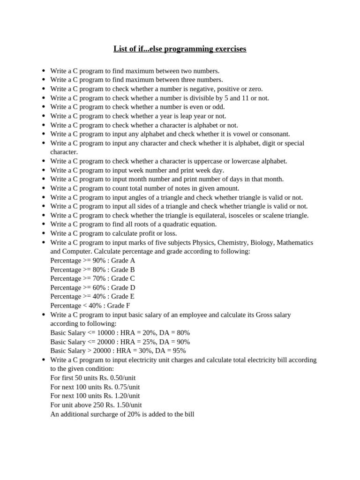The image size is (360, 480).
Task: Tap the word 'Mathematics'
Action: (295, 243)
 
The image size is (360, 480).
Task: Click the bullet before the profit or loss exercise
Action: (43, 233)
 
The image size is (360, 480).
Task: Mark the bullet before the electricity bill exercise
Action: (43, 360)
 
